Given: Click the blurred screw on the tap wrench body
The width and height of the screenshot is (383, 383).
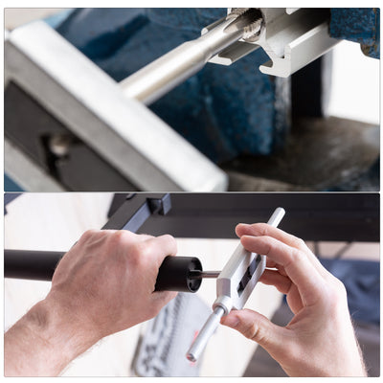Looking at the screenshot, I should pos(59,145).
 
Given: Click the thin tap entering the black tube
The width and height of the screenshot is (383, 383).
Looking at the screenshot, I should pos(206,274).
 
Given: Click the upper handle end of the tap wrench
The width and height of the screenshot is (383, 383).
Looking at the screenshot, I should pos(277,215).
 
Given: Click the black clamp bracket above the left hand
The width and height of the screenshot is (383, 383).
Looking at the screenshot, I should pos(139,211).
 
